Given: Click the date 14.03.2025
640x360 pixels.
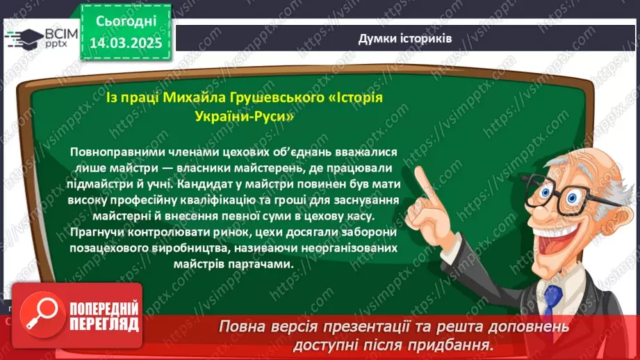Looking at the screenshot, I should (x=126, y=42).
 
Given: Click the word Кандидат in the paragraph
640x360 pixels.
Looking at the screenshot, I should (x=204, y=185).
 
